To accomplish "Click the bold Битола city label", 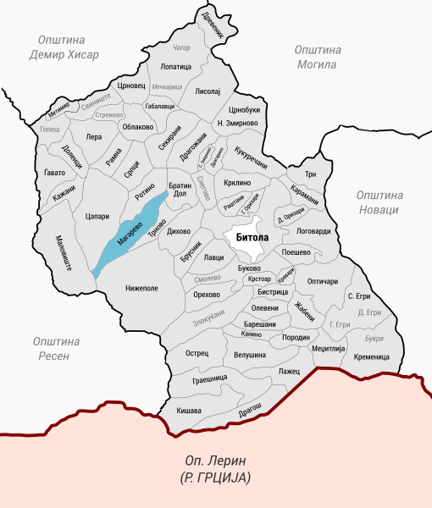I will (x=246, y=238).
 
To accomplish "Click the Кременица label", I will (x=371, y=356).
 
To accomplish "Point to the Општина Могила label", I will (x=317, y=57).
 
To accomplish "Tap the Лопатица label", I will (x=175, y=66).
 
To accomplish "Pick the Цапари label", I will (x=98, y=218).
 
